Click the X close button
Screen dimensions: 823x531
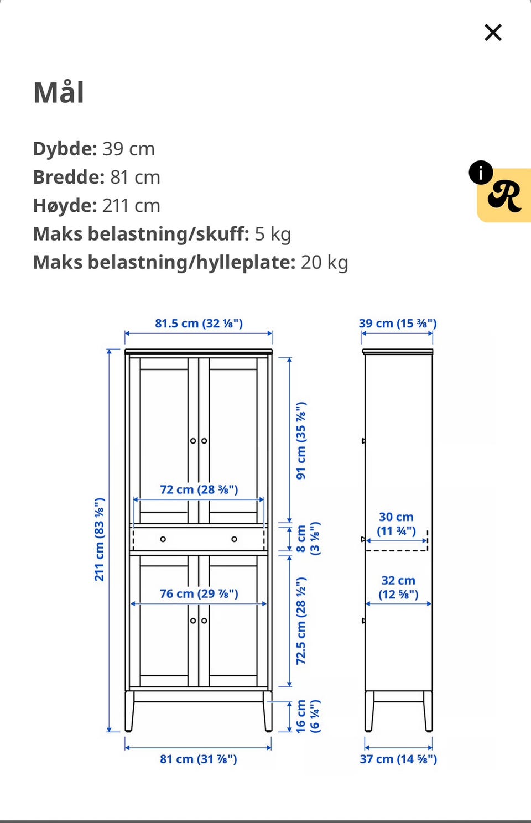493,33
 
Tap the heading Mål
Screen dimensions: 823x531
59,92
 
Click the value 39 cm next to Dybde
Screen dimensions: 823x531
128,149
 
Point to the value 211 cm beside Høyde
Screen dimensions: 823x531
131,206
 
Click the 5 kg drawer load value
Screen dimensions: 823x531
273,234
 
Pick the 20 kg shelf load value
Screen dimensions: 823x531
324,262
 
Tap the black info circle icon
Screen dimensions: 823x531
481,173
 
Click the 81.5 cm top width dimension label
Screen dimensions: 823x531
199,324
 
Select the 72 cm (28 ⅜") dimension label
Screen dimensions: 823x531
199,489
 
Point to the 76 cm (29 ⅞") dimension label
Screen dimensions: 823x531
199,593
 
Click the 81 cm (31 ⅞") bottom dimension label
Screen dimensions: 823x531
199,759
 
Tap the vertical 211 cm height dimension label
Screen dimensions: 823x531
100,539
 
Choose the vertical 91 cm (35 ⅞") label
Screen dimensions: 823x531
301,441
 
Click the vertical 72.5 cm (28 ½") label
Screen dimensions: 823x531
301,621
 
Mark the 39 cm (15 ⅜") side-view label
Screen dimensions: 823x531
398,324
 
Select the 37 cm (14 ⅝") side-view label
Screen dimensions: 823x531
398,759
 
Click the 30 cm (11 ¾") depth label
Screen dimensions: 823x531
396,524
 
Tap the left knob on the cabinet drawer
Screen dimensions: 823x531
163,539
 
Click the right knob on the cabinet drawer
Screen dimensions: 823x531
235,539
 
